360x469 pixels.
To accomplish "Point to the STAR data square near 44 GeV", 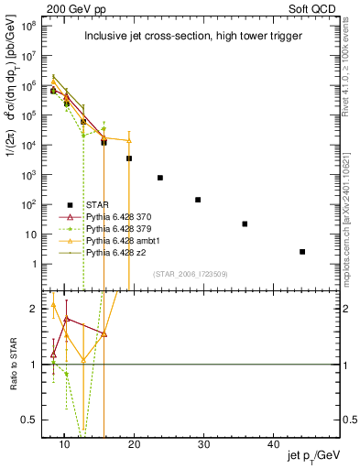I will (302, 252).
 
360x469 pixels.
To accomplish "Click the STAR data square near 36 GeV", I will (245, 224).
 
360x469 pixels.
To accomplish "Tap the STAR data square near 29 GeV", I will (198, 200).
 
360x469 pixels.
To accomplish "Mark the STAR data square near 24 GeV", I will (160, 178).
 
